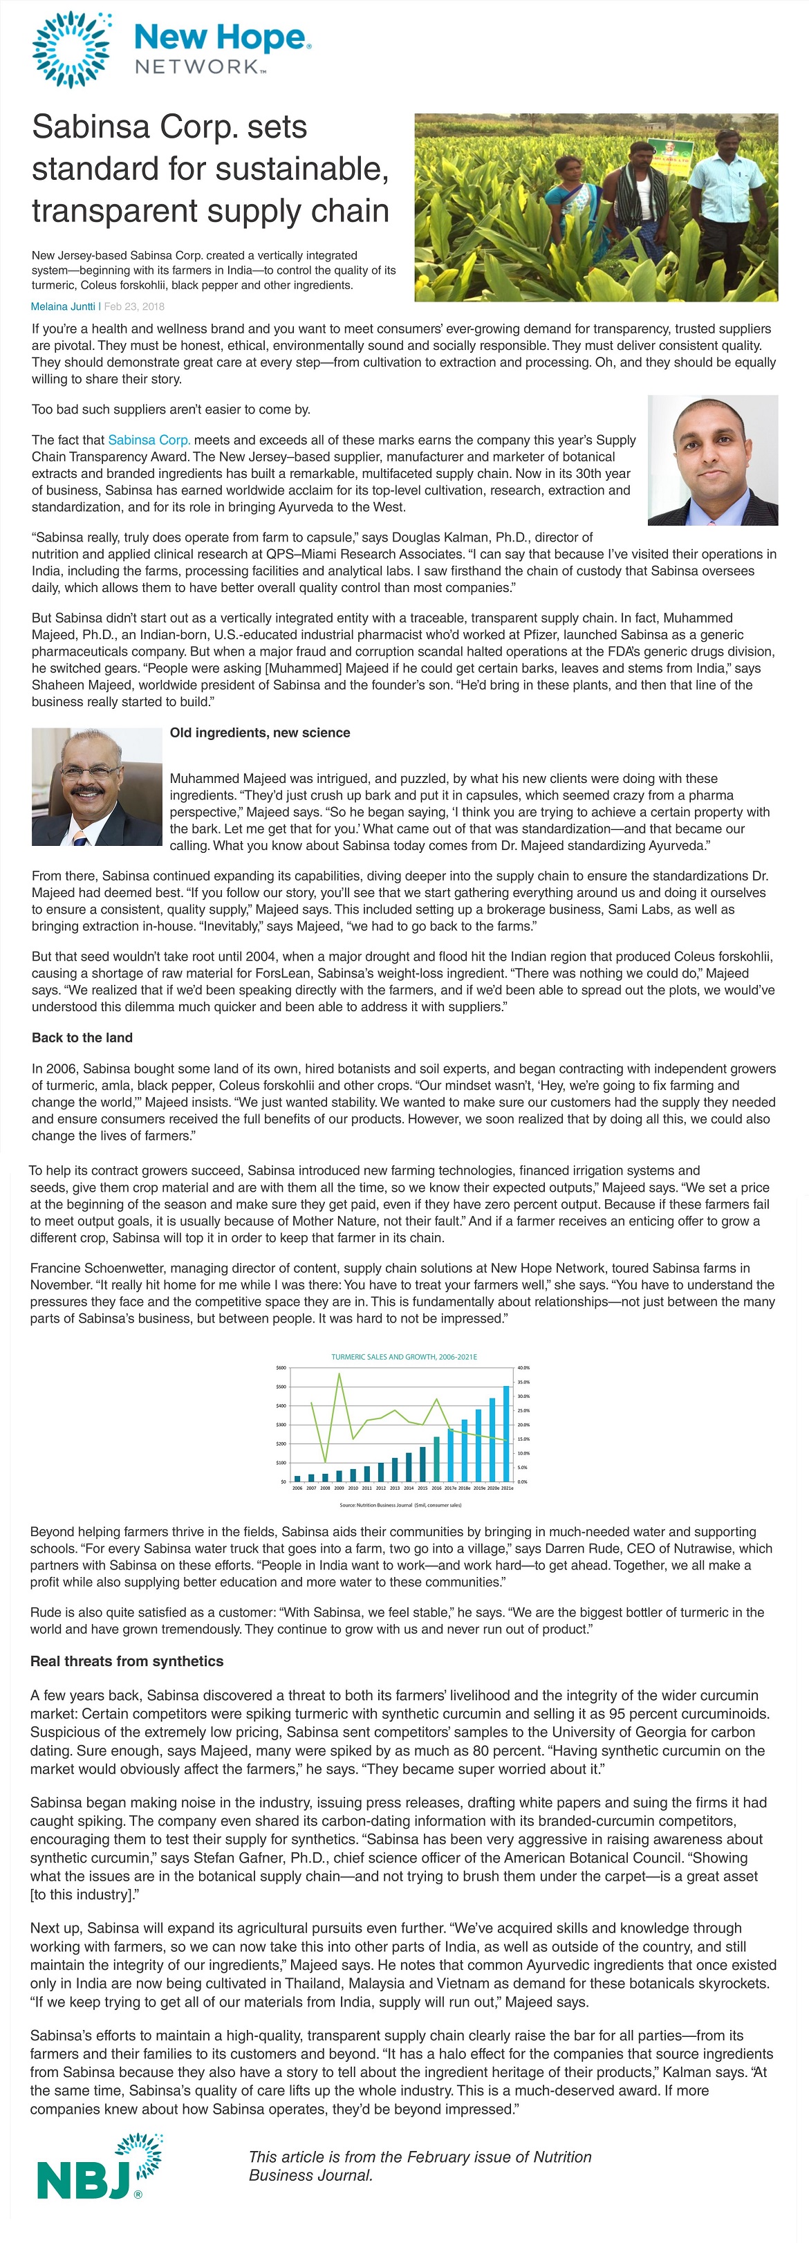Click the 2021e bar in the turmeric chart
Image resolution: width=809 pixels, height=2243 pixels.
coord(507,1433)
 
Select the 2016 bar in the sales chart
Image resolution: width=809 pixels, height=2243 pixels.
coord(436,1459)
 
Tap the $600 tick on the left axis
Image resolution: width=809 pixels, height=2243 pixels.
coord(281,1368)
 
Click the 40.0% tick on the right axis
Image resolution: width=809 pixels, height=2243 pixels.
coord(523,1368)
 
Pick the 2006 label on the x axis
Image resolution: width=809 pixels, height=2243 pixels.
coord(297,1488)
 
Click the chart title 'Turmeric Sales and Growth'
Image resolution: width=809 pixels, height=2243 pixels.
coord(404,1356)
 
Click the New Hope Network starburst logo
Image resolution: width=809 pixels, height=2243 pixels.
coord(71,50)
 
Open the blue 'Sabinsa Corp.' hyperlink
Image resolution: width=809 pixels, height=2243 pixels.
coord(149,440)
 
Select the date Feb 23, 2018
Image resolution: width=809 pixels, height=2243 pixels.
coord(134,306)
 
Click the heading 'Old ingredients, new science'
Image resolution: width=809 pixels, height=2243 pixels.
coord(259,733)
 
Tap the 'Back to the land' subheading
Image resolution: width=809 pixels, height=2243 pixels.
coord(82,1038)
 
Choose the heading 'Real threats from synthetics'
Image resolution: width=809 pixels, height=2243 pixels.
coord(127,1661)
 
